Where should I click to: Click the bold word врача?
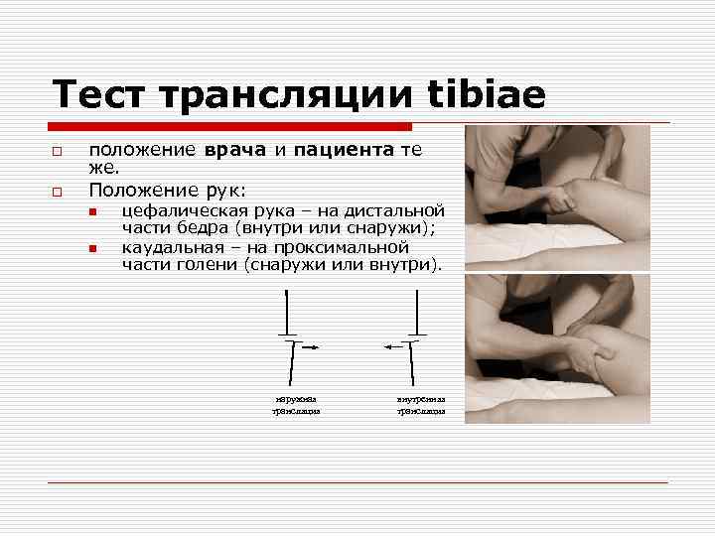point(235,151)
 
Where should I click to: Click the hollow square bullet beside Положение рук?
point(59,189)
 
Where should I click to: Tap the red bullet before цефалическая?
point(91,211)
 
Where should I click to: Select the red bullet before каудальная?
point(91,248)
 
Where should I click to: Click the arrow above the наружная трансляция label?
point(309,346)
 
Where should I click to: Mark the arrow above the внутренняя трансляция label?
point(395,346)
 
